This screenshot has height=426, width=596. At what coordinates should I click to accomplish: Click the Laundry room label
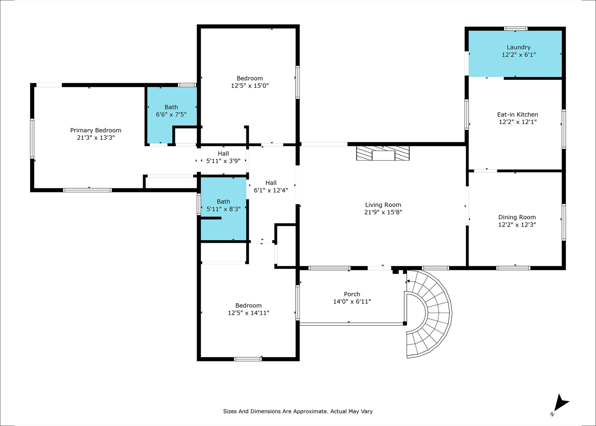click(x=519, y=47)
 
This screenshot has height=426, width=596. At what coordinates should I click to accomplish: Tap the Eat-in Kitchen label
click(x=518, y=114)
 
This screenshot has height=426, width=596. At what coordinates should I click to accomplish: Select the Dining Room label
click(x=517, y=217)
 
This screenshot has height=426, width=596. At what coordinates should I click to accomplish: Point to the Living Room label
click(x=383, y=205)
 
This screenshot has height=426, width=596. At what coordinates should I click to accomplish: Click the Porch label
click(x=352, y=294)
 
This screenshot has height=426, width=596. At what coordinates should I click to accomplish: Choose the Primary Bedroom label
click(x=96, y=130)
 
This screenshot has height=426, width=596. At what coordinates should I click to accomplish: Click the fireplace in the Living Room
click(x=383, y=153)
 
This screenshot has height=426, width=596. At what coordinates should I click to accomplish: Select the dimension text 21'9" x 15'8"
click(x=383, y=212)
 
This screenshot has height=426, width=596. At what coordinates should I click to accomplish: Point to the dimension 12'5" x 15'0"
click(x=250, y=86)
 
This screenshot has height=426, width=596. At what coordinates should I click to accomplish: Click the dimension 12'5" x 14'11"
click(x=249, y=313)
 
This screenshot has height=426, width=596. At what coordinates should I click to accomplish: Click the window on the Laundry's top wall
click(x=516, y=29)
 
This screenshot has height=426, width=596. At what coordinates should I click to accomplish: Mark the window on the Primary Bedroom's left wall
click(x=32, y=139)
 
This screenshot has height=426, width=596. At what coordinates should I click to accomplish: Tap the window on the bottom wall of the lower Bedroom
click(x=248, y=359)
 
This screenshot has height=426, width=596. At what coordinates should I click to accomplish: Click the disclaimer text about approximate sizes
click(x=298, y=411)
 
